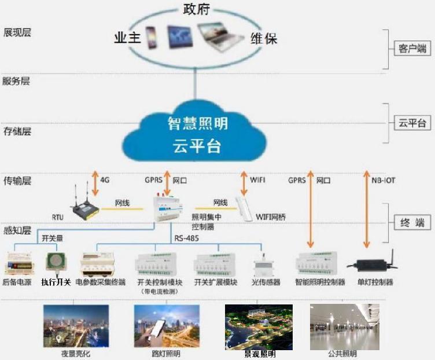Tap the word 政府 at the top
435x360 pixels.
click(196, 10)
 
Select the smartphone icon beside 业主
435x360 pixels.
click(152, 37)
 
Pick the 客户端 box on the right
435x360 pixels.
click(412, 47)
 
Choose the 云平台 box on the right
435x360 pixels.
click(412, 123)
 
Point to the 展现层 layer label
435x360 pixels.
click(17, 32)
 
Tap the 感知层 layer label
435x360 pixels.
click(17, 230)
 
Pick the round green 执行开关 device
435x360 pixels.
click(56, 261)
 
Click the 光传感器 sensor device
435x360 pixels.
click(264, 266)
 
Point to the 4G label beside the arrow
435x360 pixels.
click(105, 180)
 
